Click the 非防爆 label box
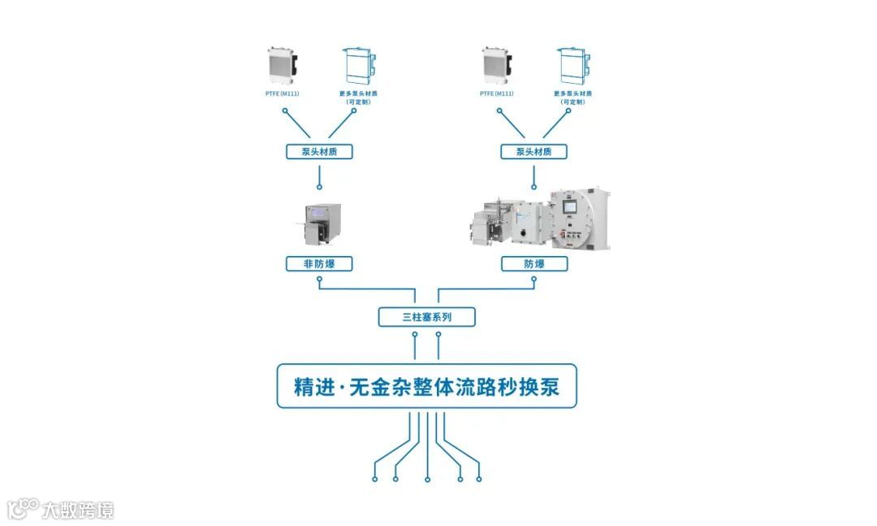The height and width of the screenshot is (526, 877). tap(320, 263)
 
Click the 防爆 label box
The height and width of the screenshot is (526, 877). tap(534, 263)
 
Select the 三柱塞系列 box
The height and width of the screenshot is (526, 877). tap(426, 317)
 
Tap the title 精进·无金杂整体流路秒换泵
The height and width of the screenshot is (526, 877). tap(426, 386)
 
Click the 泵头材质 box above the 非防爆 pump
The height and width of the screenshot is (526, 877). tap(320, 151)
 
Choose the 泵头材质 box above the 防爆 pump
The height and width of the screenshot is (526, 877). tap(534, 151)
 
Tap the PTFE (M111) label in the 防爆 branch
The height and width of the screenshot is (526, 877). tap(497, 93)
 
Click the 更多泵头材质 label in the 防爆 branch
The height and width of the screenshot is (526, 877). tap(572, 97)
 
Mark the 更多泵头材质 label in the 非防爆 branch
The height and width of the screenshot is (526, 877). tap(358, 97)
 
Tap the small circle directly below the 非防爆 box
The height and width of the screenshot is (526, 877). tap(320, 280)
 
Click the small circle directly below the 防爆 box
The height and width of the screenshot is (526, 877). tap(534, 280)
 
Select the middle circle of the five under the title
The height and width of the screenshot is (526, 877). tap(427, 479)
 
